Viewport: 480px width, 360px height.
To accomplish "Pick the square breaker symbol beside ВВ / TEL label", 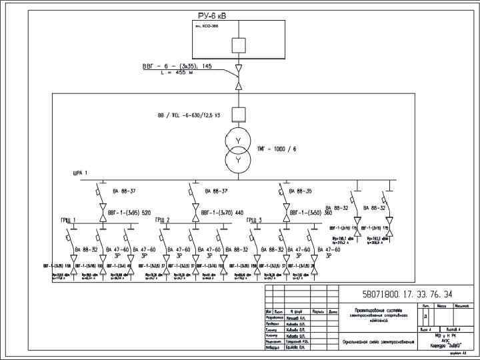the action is (x=237, y=113).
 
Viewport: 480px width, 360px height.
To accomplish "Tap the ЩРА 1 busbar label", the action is (x=81, y=173).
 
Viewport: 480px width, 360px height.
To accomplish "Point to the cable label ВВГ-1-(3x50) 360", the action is (x=315, y=213).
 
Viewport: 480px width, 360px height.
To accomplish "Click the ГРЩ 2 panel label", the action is (x=162, y=220).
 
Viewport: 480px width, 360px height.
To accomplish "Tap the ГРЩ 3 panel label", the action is (x=254, y=220).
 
